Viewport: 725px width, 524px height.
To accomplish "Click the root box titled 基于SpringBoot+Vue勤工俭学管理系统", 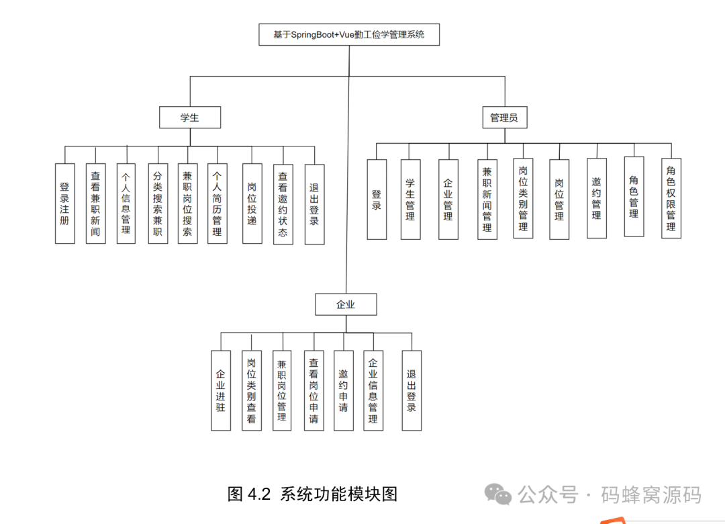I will pyautogui.click(x=349, y=35).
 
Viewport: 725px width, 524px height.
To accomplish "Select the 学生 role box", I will pyautogui.click(x=190, y=118).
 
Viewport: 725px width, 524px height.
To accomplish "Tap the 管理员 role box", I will pyautogui.click(x=503, y=118).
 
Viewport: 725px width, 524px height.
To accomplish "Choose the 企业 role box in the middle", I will pyautogui.click(x=346, y=304).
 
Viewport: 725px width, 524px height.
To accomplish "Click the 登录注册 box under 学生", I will pyautogui.click(x=64, y=203).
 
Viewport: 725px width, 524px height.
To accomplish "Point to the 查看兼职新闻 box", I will pyautogui.click(x=95, y=203).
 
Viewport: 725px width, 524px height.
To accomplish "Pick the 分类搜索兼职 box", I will pyautogui.click(x=158, y=203).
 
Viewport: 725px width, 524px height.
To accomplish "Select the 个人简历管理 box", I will pyautogui.click(x=217, y=203).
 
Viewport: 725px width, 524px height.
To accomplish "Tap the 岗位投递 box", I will pyautogui.click(x=252, y=203).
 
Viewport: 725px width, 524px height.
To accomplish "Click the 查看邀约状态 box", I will pyautogui.click(x=283, y=204).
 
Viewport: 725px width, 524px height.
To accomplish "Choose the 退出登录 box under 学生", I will pyautogui.click(x=314, y=204).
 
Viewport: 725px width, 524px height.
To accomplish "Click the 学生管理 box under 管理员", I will pyautogui.click(x=410, y=200).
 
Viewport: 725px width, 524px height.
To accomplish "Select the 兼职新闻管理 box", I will pyautogui.click(x=487, y=200).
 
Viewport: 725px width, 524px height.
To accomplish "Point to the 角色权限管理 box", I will pyautogui.click(x=671, y=198).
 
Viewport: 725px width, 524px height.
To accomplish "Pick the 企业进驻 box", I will pyautogui.click(x=220, y=390).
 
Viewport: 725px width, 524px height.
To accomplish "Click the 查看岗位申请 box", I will pyautogui.click(x=313, y=390).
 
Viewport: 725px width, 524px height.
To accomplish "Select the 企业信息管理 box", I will pyautogui.click(x=373, y=390).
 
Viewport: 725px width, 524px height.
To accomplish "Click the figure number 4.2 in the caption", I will pyautogui.click(x=258, y=494).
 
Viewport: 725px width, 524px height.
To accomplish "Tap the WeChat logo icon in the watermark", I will pyautogui.click(x=499, y=496).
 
